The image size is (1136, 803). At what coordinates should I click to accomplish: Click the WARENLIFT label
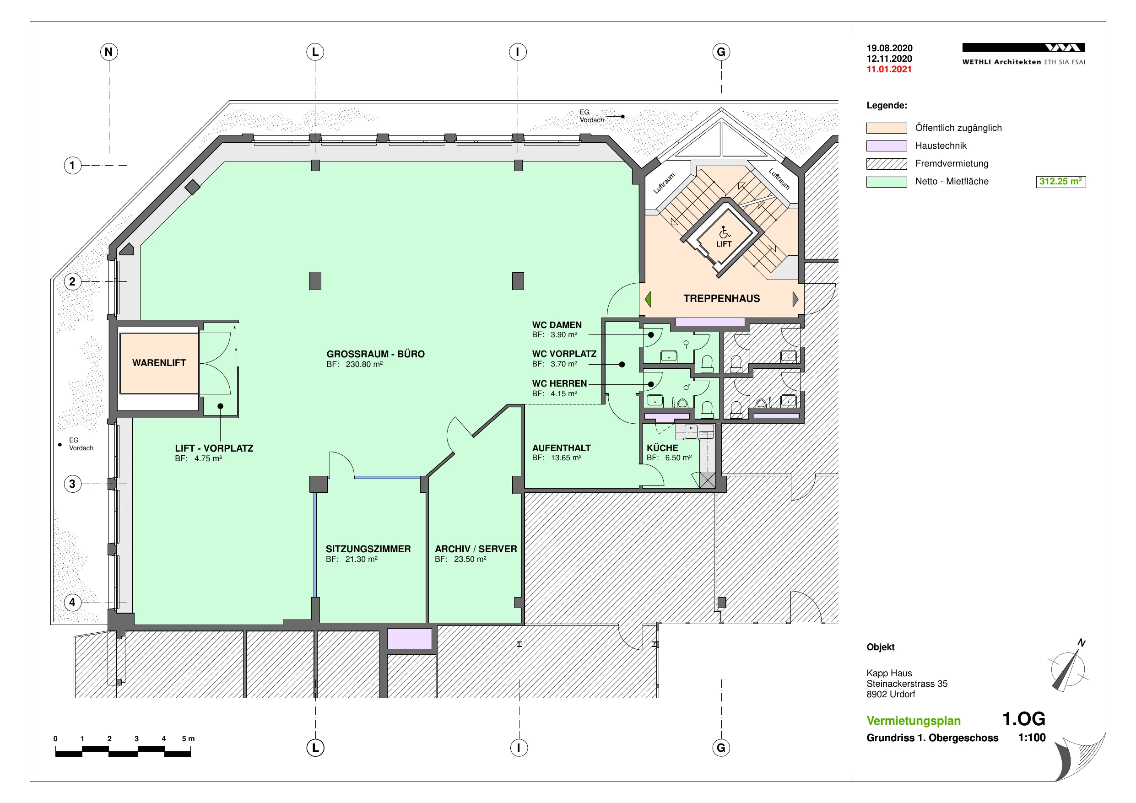click(x=159, y=363)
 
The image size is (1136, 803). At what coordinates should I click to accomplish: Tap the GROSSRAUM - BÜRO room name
click(x=375, y=354)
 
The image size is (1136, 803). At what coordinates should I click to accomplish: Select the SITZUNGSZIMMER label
click(x=368, y=549)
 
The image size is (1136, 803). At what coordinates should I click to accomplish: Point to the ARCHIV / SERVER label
click(x=476, y=549)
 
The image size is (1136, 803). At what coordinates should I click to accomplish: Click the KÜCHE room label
click(x=662, y=448)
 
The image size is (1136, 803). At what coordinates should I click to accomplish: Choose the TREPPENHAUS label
click(x=721, y=298)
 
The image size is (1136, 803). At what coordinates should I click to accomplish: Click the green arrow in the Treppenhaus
click(x=648, y=299)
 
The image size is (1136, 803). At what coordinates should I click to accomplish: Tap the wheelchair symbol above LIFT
click(x=725, y=232)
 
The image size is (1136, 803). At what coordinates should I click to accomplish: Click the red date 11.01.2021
click(x=889, y=69)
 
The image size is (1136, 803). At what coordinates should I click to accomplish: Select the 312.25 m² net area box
click(x=1061, y=182)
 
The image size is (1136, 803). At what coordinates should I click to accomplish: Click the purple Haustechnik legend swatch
click(x=886, y=146)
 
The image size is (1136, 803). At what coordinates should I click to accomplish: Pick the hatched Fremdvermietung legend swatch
click(x=886, y=164)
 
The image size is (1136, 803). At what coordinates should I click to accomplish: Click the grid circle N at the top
click(x=109, y=51)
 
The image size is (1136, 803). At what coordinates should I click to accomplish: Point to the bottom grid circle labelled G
click(x=721, y=747)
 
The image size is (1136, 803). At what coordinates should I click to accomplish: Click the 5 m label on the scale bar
click(x=188, y=738)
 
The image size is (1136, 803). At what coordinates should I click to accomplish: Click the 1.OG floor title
click(x=1024, y=719)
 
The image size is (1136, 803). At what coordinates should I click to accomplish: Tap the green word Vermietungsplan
click(x=914, y=720)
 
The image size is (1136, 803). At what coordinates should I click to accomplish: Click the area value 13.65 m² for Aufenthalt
click(x=566, y=458)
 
